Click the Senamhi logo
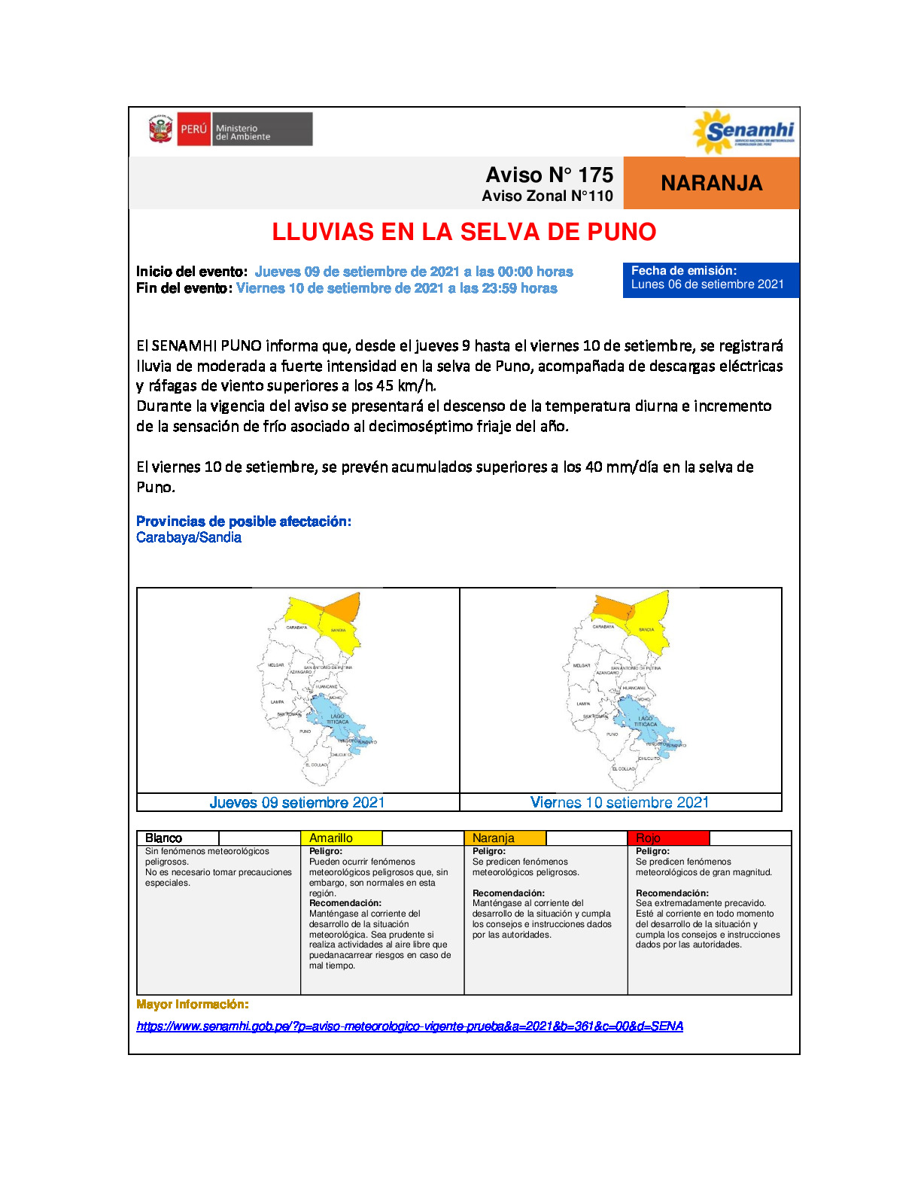[743, 132]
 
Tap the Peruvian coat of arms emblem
[160, 129]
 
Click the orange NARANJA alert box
[711, 183]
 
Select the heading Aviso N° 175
[549, 175]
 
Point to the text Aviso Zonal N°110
[547, 196]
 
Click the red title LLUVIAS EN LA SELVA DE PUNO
[464, 232]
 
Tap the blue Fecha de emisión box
[710, 279]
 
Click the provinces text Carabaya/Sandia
[189, 537]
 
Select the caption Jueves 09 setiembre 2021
[297, 802]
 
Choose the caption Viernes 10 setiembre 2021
[619, 802]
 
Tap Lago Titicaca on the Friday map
[646, 720]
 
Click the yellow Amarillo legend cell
[341, 838]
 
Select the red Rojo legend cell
[667, 838]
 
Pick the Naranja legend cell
[504, 838]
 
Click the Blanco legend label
[163, 838]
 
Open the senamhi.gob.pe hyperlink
[409, 1026]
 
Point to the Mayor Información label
[192, 1005]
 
